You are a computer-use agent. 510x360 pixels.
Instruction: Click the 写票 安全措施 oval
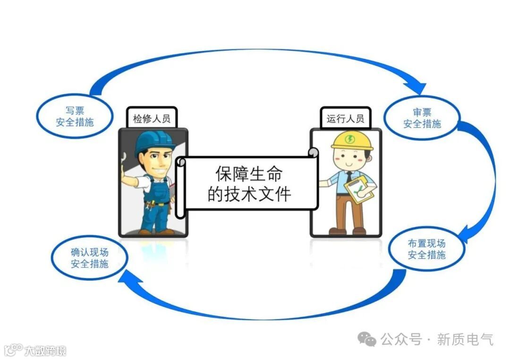(75, 117)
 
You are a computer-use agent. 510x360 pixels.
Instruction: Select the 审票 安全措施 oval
(422, 118)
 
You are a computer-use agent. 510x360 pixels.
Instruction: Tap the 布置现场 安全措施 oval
(426, 249)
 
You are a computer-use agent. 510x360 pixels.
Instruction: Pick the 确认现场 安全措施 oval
(89, 258)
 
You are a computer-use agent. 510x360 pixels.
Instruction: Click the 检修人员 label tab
(151, 118)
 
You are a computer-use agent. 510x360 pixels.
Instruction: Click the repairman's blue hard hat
(153, 142)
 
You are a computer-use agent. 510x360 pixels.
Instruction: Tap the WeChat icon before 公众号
(367, 339)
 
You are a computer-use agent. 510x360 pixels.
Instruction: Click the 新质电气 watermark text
(465, 339)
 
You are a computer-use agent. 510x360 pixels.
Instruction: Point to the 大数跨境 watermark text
(45, 351)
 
